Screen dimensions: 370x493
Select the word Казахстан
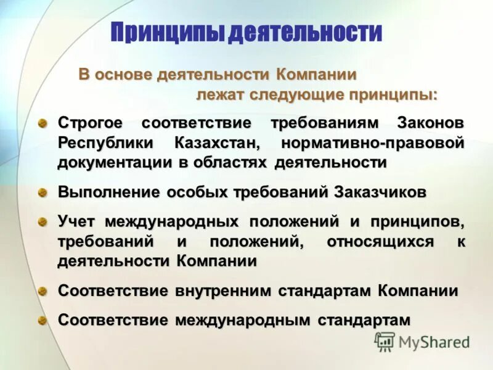(x=214, y=143)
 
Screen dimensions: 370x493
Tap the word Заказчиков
(x=380, y=192)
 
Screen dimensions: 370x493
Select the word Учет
(x=77, y=221)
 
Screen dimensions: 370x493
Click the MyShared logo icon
(x=385, y=341)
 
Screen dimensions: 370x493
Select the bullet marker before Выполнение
(x=43, y=192)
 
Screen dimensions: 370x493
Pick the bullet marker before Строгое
(x=43, y=123)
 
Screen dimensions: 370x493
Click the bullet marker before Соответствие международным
(x=43, y=320)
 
